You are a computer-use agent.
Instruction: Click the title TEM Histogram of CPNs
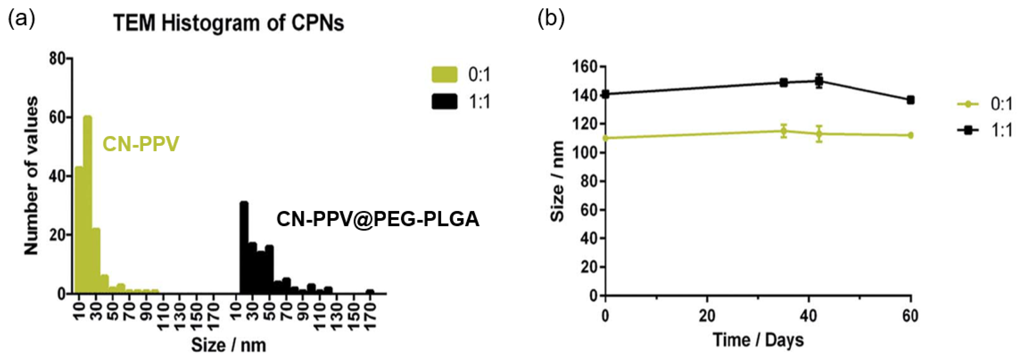pos(229,23)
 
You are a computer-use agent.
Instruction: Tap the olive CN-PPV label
pos(141,144)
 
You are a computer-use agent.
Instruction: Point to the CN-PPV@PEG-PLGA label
pos(377,219)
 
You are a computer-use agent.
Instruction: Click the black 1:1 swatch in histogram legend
pos(444,102)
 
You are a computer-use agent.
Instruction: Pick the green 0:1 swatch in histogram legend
pos(444,75)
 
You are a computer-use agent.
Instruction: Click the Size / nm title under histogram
pos(229,345)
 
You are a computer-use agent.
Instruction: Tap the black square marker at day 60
pos(910,100)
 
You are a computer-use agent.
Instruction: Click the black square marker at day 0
pos(605,94)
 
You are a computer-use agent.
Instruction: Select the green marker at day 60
pos(910,135)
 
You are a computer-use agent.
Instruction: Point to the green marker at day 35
pos(783,131)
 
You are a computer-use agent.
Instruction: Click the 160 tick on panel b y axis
pos(585,67)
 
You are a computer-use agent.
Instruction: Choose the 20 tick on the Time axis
pos(706,316)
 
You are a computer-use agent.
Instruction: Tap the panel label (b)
pos(551,18)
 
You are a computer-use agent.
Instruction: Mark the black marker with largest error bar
pos(819,81)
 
